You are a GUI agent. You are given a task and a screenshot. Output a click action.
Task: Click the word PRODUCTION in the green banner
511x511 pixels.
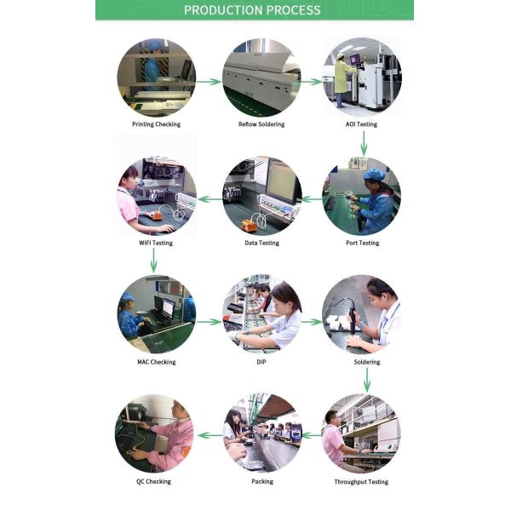point(221,10)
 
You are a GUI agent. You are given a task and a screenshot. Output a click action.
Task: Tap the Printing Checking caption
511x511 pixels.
point(156,124)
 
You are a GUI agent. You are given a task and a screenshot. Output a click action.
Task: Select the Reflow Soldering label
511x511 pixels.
point(261,124)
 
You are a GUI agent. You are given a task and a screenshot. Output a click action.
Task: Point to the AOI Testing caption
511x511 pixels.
point(361,124)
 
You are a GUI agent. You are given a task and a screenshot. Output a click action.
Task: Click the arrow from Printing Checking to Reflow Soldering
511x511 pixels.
point(209,82)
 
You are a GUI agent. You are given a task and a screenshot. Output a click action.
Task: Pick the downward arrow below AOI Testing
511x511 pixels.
point(364,143)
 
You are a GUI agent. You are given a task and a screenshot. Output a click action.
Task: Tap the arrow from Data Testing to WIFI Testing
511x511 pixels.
point(210,198)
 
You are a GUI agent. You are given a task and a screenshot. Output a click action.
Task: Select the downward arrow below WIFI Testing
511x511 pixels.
point(154,260)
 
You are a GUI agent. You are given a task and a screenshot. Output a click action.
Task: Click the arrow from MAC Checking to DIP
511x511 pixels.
point(209,322)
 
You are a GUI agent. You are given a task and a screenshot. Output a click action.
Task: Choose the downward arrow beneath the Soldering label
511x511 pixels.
point(367,380)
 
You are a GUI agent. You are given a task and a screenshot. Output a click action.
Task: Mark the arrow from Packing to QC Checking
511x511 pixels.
point(210,435)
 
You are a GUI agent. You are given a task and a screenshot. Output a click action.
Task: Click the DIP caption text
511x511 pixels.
point(261,362)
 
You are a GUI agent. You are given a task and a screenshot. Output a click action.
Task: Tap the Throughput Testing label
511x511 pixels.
point(361,482)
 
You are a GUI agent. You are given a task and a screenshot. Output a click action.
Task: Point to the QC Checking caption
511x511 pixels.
point(153,481)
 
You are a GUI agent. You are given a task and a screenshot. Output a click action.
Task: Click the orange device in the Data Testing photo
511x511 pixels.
point(250,225)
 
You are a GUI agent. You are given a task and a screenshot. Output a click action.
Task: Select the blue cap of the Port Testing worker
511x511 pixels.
point(374,175)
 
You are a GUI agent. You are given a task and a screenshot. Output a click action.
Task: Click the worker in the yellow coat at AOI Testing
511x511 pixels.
point(342,80)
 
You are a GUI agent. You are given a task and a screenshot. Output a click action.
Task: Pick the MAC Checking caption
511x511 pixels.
point(156,362)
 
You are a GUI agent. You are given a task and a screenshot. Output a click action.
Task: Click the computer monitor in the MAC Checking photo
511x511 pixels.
point(169,307)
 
